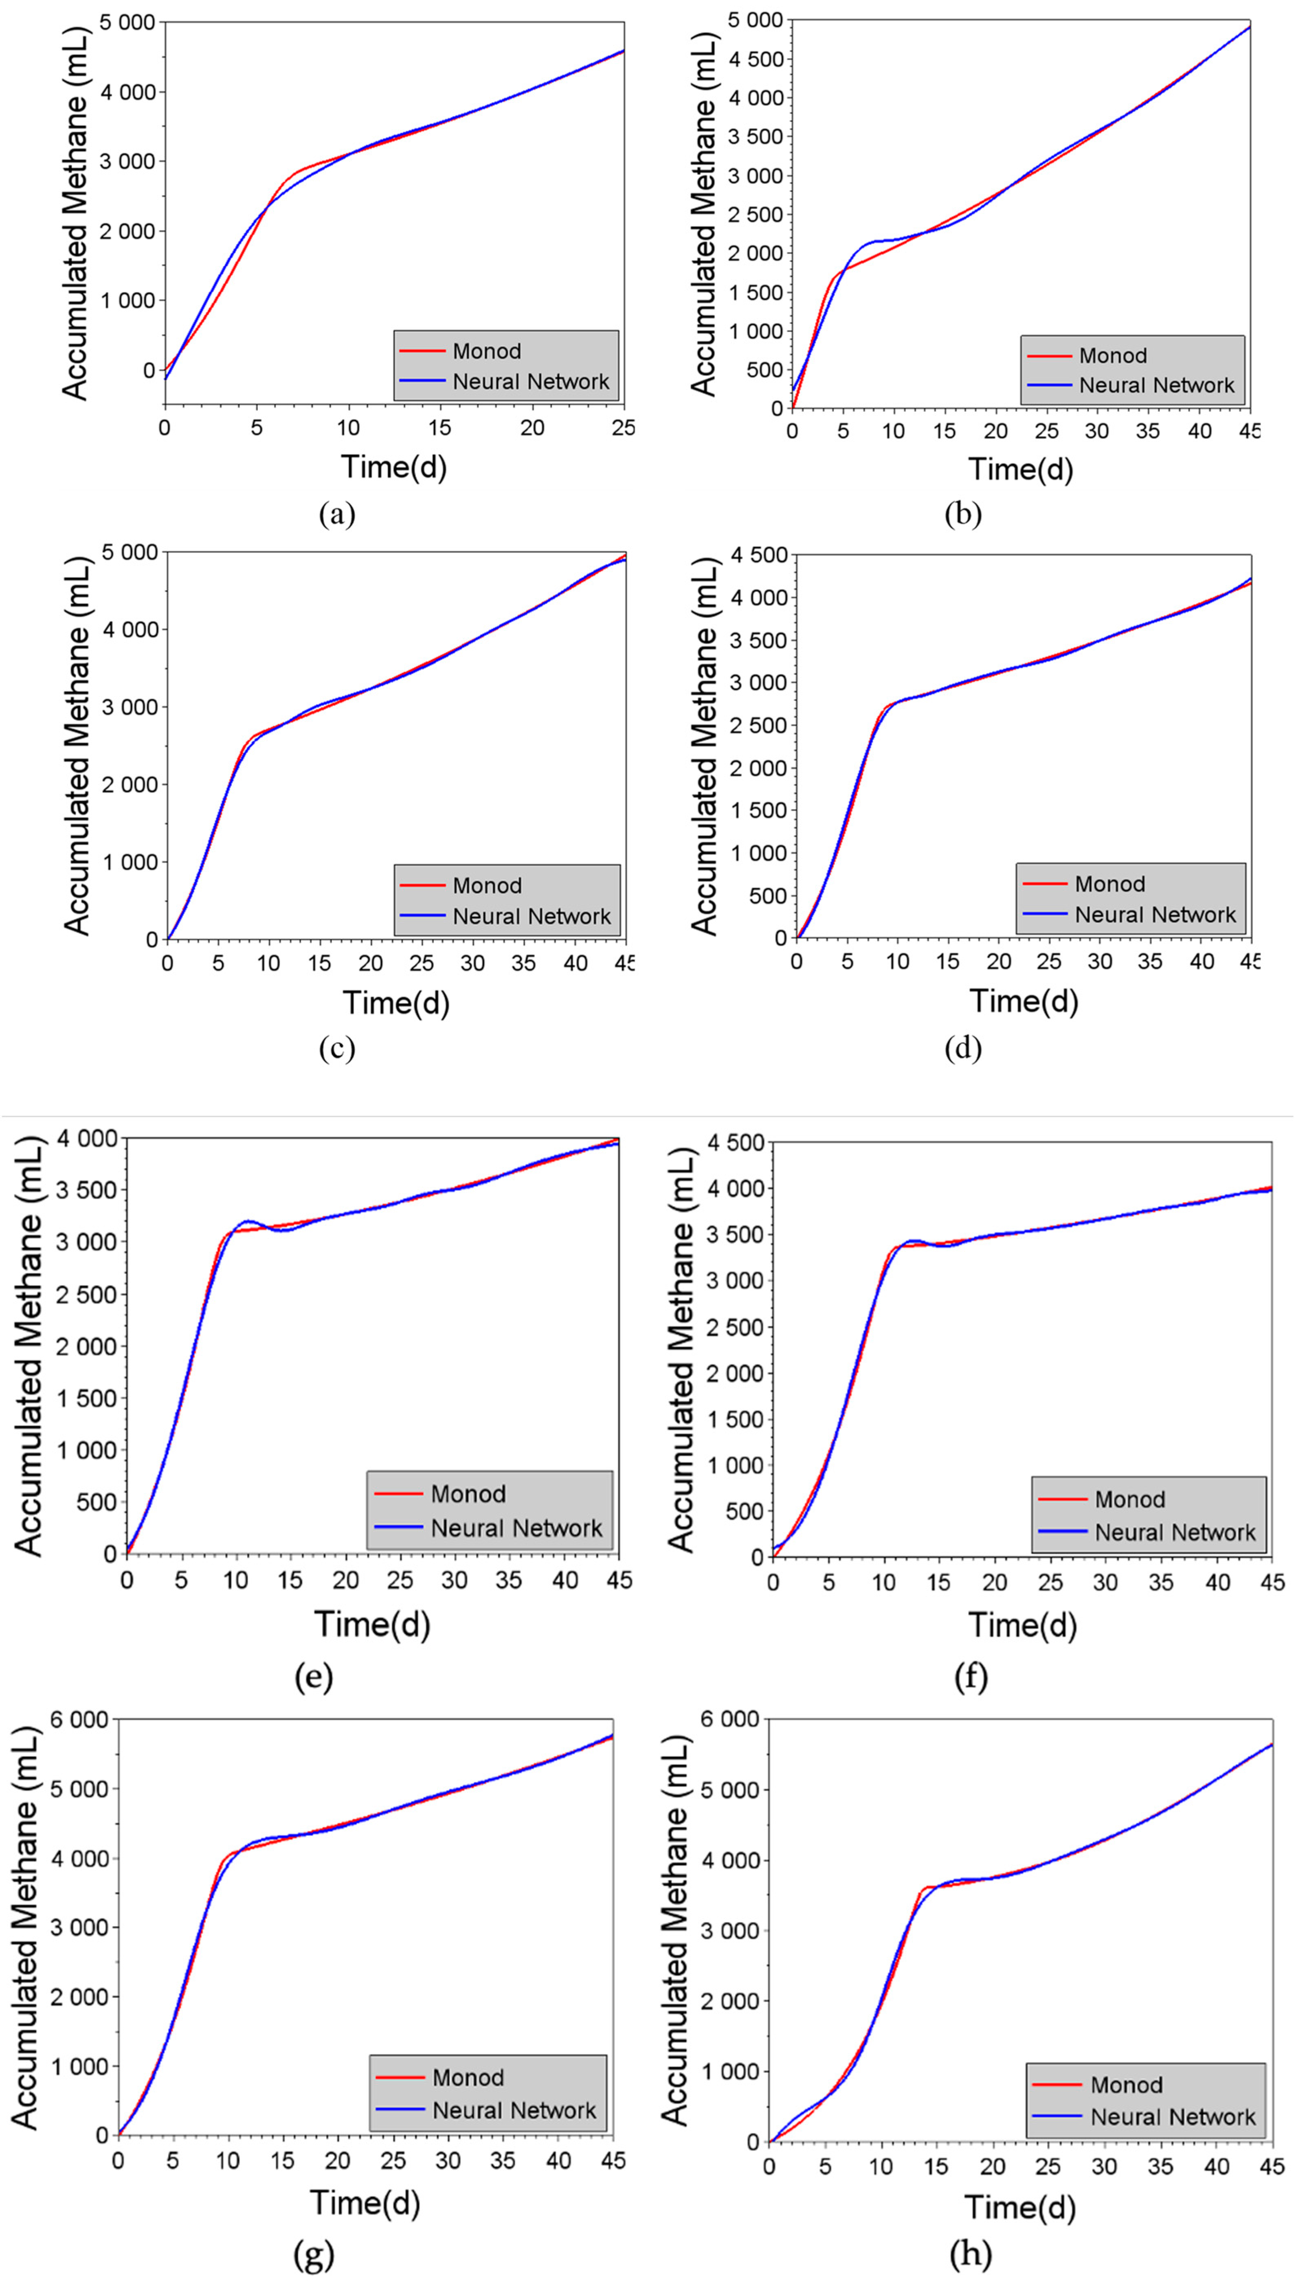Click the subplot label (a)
[x=337, y=514]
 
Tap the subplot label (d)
[x=963, y=1048]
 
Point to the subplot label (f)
[x=970, y=1677]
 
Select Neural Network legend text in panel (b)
[x=1156, y=385]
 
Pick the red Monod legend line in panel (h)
[x=1057, y=2085]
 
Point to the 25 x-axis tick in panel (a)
[x=624, y=428]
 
